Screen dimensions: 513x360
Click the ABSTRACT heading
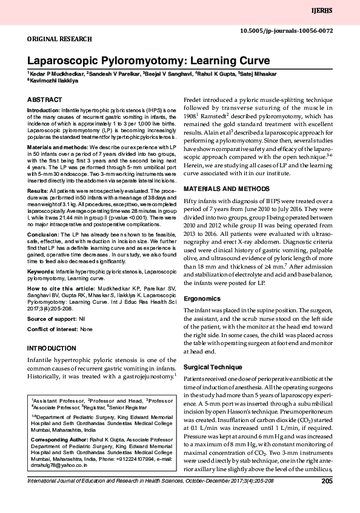(x=45, y=99)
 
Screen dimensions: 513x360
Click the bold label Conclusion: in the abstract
(x=44, y=234)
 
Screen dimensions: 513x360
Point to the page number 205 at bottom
(x=327, y=481)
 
